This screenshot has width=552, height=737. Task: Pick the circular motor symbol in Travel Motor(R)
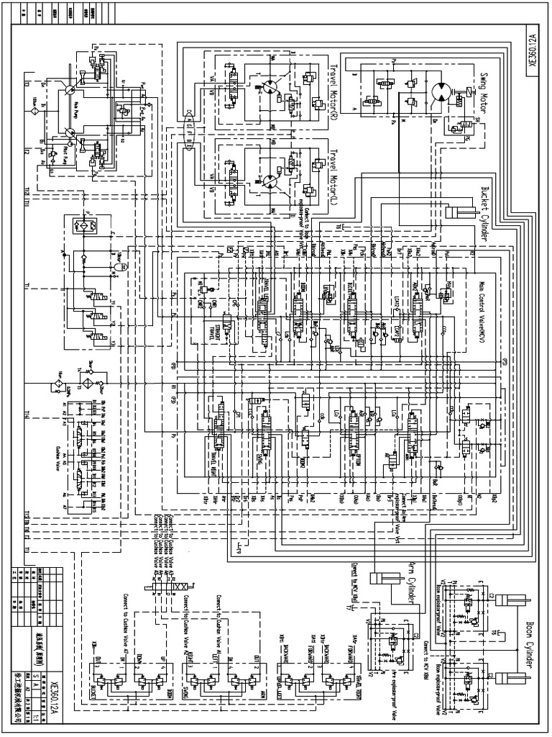(267, 86)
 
